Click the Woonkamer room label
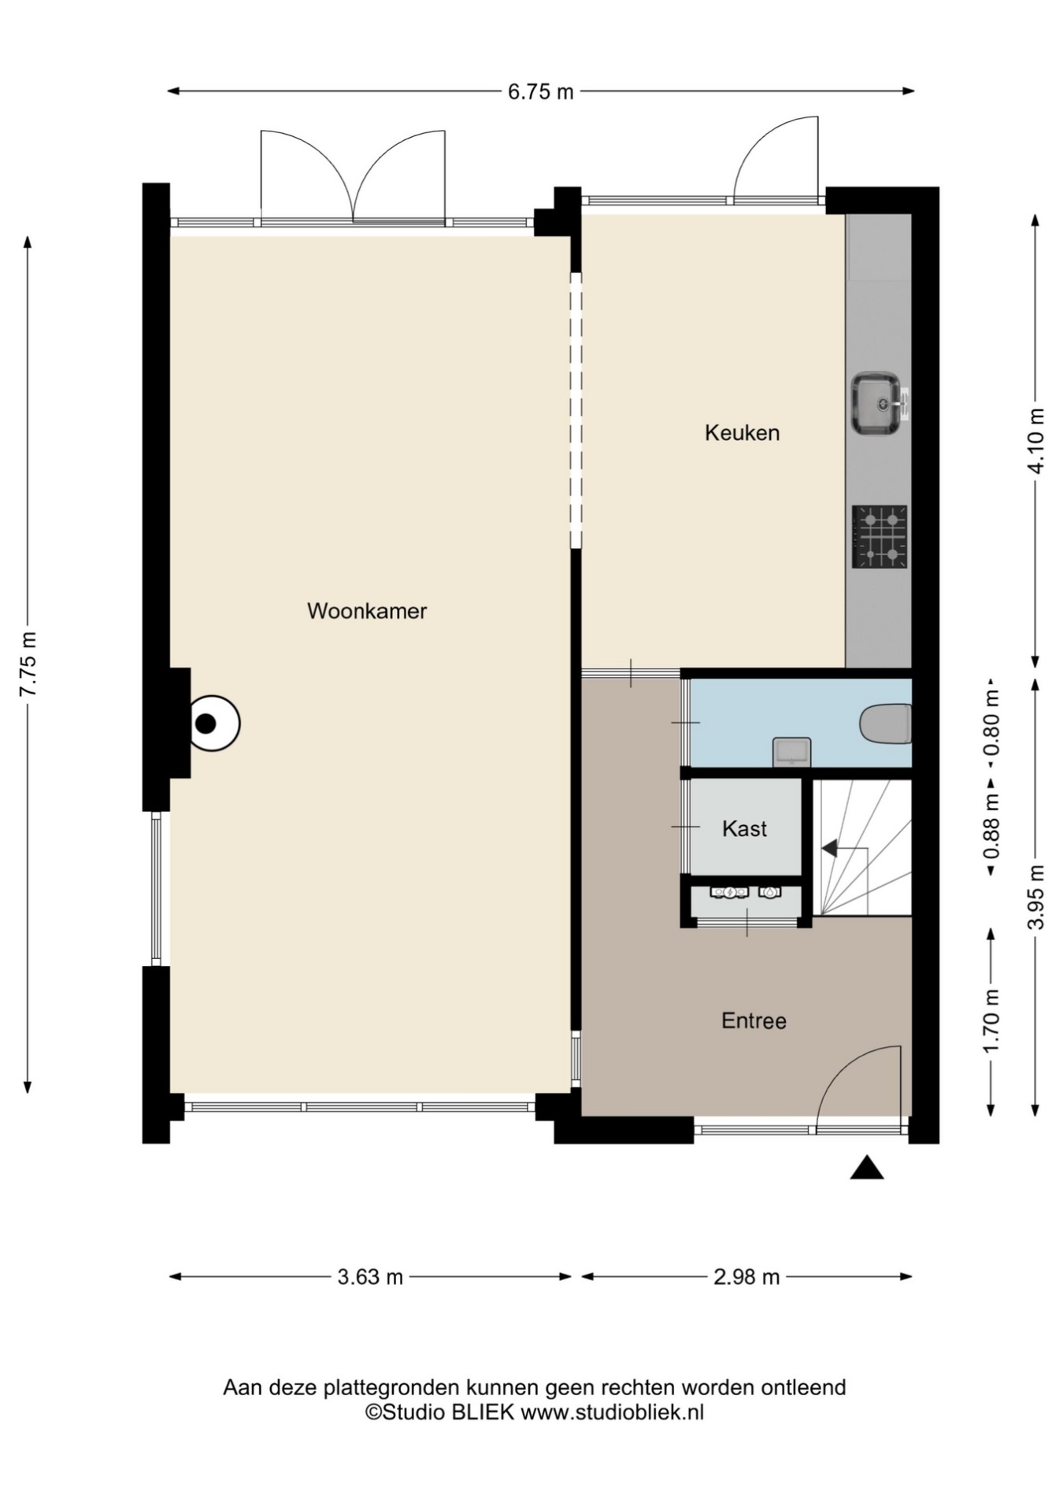[367, 611]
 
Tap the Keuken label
[742, 432]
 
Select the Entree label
[754, 1020]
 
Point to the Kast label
[744, 828]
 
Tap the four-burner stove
[880, 537]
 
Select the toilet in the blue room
[886, 723]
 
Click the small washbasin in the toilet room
[791, 751]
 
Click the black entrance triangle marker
[866, 1168]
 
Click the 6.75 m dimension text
[540, 91]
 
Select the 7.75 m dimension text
[28, 664]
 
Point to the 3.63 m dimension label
[370, 1276]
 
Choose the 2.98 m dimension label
[746, 1276]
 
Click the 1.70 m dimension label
[991, 1020]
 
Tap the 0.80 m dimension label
[991, 723]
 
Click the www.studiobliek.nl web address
[613, 1412]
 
